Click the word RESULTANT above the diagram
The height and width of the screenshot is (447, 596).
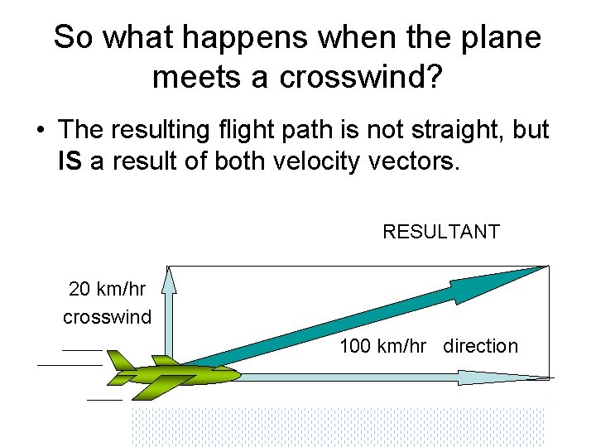tap(440, 232)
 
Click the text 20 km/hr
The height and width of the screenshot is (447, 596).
tap(107, 290)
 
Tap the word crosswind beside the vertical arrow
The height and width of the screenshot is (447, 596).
tap(107, 317)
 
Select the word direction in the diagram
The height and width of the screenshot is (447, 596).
tap(480, 346)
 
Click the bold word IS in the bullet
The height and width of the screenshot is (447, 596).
tap(70, 161)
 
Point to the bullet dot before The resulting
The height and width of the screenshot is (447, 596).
tap(40, 130)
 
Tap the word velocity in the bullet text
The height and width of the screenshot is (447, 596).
tap(311, 161)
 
